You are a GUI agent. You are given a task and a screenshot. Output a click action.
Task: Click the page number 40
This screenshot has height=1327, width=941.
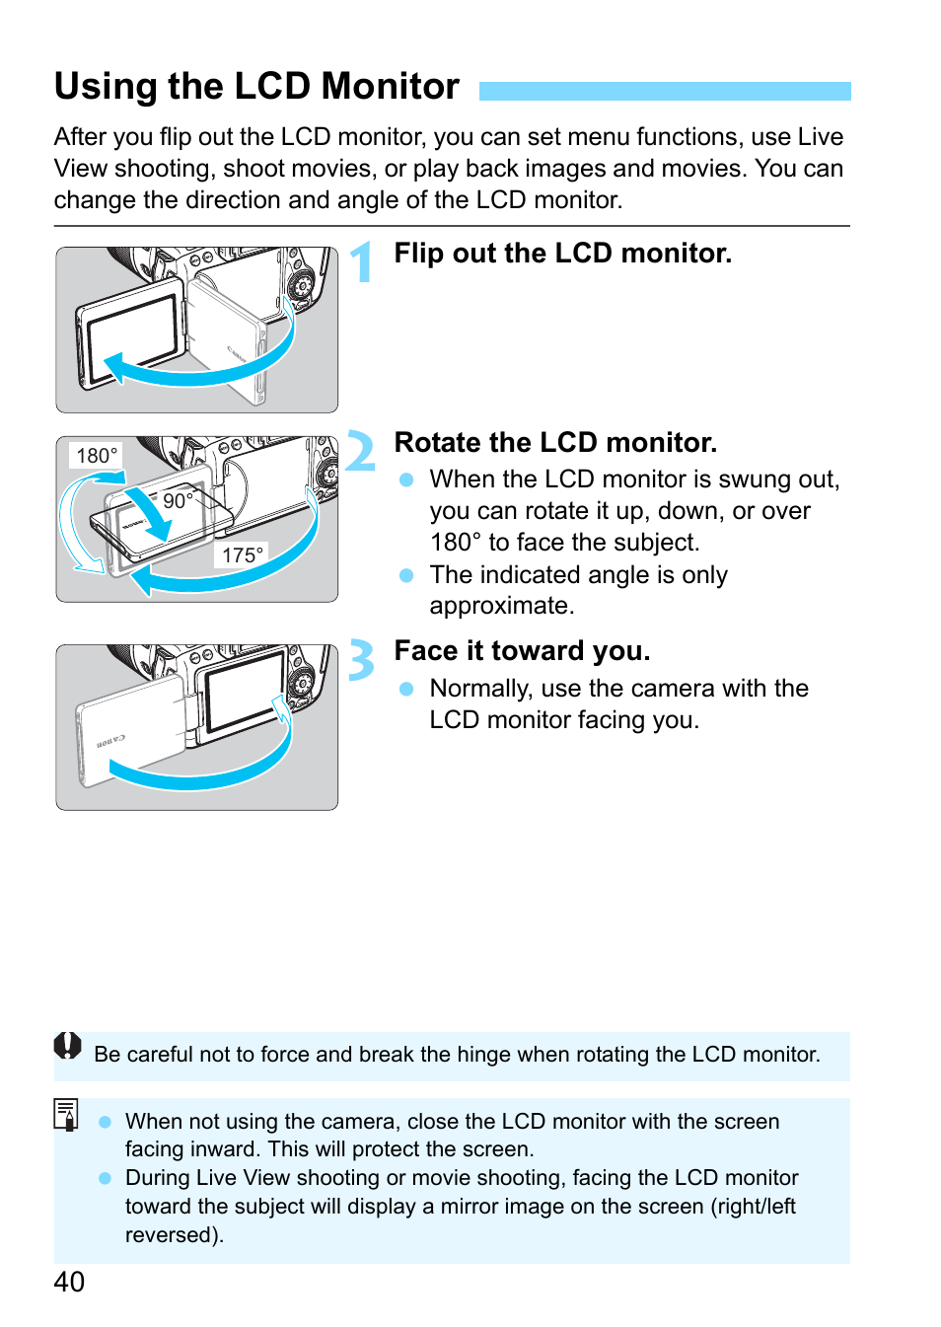coord(69,1281)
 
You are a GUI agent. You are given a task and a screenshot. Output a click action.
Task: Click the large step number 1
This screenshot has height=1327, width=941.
coord(363,262)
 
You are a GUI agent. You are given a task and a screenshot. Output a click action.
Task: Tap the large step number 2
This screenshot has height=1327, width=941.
coord(361,452)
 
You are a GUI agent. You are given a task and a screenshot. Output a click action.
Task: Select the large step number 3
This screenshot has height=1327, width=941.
coord(362,660)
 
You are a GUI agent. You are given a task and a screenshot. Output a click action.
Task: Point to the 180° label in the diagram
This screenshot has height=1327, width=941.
coord(97,456)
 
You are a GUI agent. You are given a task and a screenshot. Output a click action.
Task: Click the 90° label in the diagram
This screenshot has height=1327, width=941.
coord(178,500)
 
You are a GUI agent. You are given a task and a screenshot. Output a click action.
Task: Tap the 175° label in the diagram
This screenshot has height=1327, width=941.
coord(242,555)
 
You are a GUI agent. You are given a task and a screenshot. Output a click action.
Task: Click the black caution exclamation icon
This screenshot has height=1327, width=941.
coord(67,1046)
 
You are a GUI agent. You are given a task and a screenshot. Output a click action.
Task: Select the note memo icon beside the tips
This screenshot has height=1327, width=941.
coord(66,1115)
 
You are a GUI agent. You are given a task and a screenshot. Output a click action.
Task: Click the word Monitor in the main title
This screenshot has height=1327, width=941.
coord(391,87)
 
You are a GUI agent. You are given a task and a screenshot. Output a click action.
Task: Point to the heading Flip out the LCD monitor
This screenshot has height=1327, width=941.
coord(562,254)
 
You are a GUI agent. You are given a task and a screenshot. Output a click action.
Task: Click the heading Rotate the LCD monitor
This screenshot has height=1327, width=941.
coord(555,443)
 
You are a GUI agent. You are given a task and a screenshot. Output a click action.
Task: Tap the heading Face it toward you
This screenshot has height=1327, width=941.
coord(522,651)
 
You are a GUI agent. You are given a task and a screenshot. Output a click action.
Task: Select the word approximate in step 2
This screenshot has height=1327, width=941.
coord(500,606)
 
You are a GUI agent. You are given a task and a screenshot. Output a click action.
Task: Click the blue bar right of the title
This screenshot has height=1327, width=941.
coord(664,91)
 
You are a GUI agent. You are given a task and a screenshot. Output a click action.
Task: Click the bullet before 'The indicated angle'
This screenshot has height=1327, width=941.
coord(405,575)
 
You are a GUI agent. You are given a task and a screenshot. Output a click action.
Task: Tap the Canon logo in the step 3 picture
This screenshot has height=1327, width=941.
coord(110,740)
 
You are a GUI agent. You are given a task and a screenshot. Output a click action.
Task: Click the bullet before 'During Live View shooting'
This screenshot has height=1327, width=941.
coord(106,1178)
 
